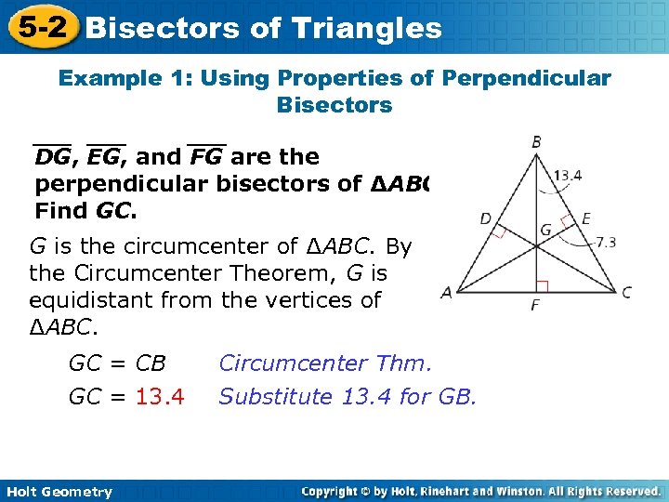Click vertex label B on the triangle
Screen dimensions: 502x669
[536, 142]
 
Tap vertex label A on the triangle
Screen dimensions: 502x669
[446, 292]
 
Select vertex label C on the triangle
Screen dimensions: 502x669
[627, 292]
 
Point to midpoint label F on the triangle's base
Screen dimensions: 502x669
[535, 305]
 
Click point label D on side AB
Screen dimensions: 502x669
[485, 219]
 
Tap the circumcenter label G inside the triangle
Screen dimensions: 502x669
[545, 229]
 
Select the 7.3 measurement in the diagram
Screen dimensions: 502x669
[605, 243]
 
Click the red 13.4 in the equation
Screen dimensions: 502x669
[160, 397]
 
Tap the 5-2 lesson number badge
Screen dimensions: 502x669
[39, 27]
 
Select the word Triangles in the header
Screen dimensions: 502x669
[369, 28]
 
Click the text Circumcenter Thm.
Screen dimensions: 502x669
[325, 363]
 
